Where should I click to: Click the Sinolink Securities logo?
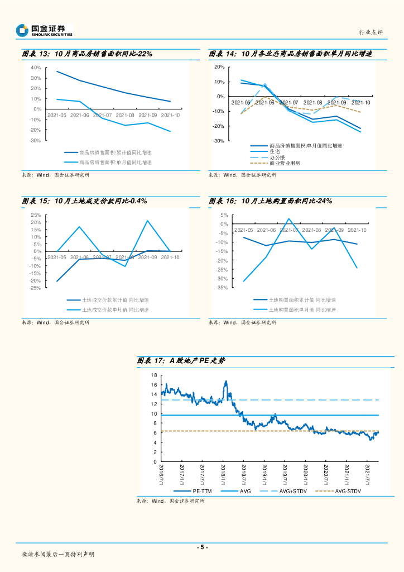45,30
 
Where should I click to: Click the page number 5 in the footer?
202,547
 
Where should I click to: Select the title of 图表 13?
87,54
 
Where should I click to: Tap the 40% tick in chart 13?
36,68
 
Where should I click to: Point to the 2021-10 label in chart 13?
170,115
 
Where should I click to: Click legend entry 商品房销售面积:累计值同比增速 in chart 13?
115,152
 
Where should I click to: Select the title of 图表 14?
290,54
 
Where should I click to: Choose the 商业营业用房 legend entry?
285,164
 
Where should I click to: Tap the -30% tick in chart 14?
219,141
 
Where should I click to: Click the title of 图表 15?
84,201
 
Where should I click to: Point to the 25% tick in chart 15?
35,215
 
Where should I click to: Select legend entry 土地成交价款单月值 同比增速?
116,309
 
